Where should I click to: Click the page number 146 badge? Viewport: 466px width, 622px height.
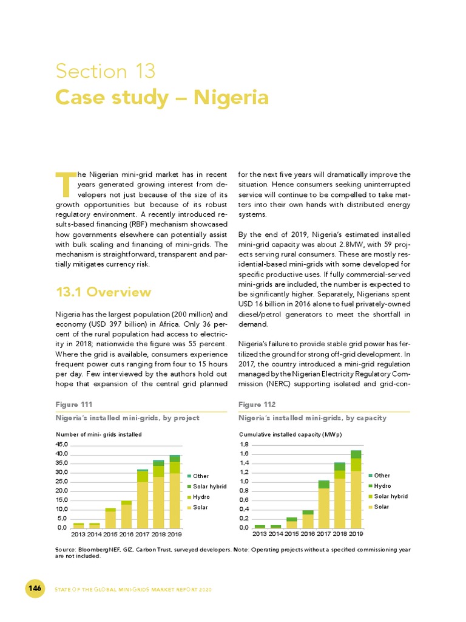[x=35, y=589]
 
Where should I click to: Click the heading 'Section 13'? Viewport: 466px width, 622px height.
[x=106, y=72]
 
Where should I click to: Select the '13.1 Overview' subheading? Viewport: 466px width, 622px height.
[x=103, y=292]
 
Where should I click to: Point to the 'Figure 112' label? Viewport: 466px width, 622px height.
[x=257, y=404]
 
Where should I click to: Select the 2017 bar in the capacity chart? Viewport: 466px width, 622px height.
[x=324, y=504]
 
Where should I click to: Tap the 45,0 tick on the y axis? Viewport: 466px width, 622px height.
[x=62, y=445]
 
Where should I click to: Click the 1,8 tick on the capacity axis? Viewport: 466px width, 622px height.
[x=244, y=445]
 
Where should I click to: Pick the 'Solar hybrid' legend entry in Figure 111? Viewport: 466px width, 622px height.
[x=207, y=486]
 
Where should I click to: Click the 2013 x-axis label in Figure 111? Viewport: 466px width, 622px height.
[x=78, y=534]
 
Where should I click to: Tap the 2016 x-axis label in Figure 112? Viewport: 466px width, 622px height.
[x=308, y=534]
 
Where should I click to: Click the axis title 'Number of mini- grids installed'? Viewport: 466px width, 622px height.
[x=98, y=434]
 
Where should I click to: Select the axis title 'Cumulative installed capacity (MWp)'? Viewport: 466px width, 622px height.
[x=290, y=434]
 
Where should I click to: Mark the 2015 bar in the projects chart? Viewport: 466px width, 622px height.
[x=110, y=518]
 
